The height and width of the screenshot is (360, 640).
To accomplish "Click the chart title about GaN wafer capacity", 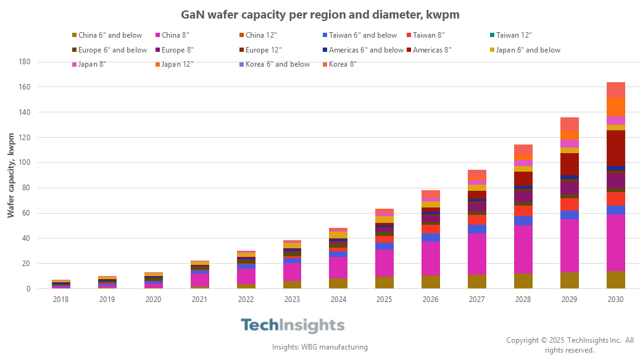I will coord(320,14).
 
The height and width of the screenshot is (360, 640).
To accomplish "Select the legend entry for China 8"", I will coord(175,35).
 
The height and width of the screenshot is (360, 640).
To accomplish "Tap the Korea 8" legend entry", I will coord(343,64).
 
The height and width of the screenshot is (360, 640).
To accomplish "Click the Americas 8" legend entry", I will coord(432,50).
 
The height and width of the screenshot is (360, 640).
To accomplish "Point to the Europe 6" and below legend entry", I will coord(112,50).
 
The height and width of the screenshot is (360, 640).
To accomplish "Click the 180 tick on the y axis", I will coord(43,62).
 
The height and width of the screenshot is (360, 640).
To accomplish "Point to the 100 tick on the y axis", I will coord(43,162).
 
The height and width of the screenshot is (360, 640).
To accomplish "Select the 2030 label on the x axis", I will coord(615,299).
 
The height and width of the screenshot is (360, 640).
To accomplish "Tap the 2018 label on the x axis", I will coord(60,299).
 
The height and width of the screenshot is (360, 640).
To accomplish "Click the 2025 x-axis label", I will coord(384,299).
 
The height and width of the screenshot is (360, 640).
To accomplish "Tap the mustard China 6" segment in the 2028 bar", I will coord(523,281).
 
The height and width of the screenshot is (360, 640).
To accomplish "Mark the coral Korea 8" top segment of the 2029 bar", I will coord(569,123).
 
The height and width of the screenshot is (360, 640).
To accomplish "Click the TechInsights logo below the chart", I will coord(292,325).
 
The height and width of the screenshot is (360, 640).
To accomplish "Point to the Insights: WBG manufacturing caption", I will coord(320,347).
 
